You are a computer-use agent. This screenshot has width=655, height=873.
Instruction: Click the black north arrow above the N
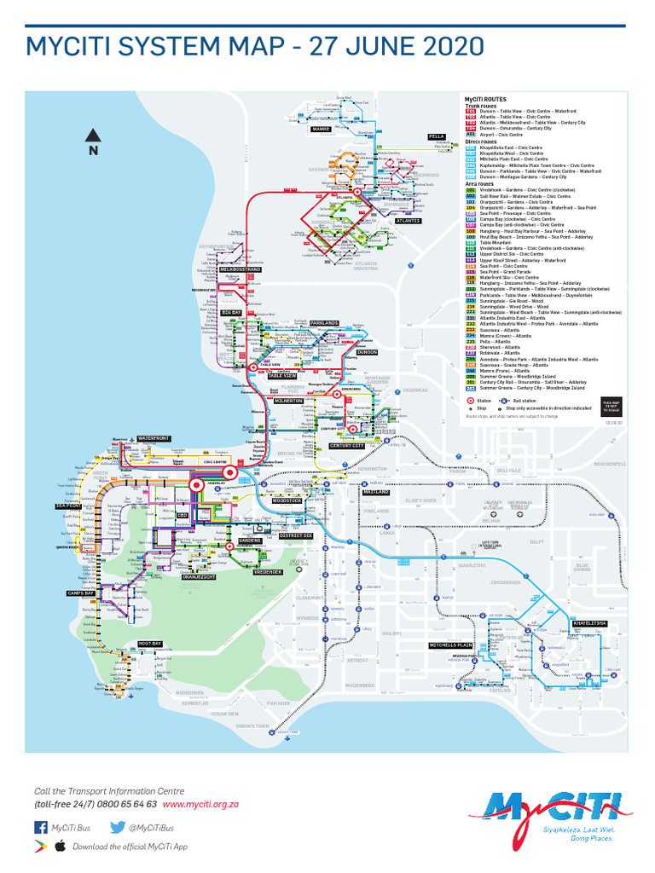pos(93,134)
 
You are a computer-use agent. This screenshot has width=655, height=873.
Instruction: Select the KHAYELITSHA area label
pos(590,623)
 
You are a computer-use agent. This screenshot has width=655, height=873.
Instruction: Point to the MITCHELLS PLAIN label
pos(450,645)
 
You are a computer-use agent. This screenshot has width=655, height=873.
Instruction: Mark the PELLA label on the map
pos(437,136)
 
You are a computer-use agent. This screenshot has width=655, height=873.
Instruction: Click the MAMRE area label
pos(322,129)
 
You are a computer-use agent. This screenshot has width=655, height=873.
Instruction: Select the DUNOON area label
pos(367,351)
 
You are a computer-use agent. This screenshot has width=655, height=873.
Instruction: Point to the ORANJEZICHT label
pos(199,577)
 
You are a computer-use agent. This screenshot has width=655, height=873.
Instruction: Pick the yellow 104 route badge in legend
pos(470,206)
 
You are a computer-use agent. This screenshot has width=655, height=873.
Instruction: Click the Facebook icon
pos(40,827)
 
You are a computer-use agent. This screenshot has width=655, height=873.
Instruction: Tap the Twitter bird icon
pos(119,827)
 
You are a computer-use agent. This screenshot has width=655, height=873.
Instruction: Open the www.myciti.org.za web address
pos(200,804)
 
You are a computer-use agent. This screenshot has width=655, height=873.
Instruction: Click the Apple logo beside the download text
pos(61,847)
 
